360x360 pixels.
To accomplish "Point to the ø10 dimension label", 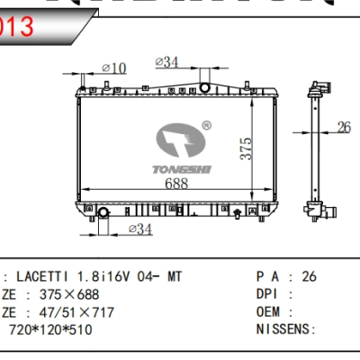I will (x=114, y=67).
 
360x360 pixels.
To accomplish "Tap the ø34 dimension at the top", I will (x=167, y=62).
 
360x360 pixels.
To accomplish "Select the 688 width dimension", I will (x=177, y=184).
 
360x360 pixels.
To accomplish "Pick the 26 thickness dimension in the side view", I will (x=343, y=127).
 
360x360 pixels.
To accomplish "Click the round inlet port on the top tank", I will (x=205, y=87).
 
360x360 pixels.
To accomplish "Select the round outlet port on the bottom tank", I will (x=103, y=213).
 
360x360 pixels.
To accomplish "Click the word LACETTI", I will (x=44, y=276).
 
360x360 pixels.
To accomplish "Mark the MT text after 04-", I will (x=174, y=276).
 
